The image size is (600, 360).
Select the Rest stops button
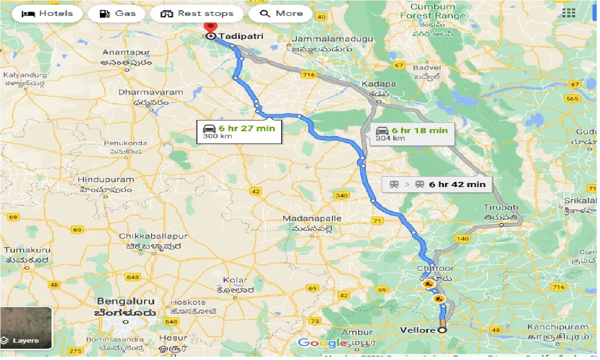(197, 14)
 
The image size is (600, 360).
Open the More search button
(280, 14)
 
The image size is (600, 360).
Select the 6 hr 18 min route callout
(412, 134)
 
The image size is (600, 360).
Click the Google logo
(322, 343)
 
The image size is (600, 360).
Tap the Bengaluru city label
(125, 300)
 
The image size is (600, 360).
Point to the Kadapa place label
(379, 84)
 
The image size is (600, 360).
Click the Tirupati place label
(501, 207)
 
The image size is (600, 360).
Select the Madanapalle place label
(312, 218)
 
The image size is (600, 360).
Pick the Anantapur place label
(127, 52)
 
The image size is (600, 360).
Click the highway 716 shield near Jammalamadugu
(308, 74)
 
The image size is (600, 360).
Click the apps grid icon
(568, 13)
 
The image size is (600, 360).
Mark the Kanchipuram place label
(557, 327)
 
